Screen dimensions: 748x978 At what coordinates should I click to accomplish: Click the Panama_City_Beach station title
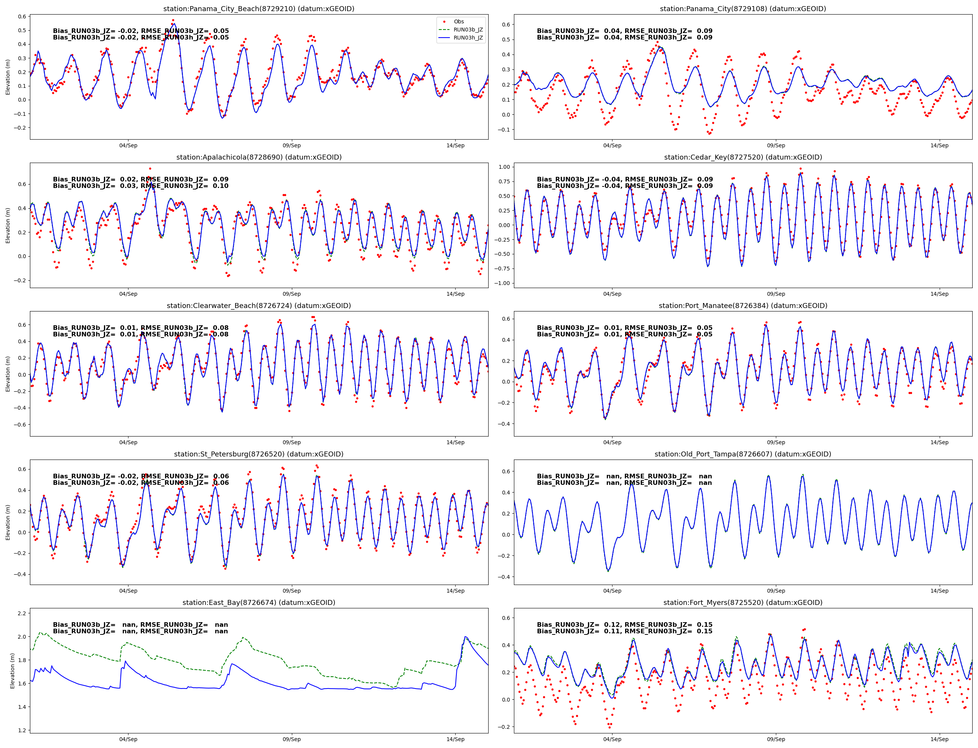tap(258, 9)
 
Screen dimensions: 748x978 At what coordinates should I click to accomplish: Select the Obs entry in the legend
tap(458, 22)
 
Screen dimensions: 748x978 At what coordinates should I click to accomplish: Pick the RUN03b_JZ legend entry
tap(468, 30)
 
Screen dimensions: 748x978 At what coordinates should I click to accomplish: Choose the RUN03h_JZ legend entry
tap(468, 38)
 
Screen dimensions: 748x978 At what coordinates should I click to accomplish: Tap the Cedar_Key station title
tap(743, 157)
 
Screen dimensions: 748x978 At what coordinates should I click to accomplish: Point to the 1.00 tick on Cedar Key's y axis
tap(504, 167)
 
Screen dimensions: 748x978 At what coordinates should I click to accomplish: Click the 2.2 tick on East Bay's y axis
tap(21, 613)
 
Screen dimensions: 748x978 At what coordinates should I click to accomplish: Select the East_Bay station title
tap(258, 602)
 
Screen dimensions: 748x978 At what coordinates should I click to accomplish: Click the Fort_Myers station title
tap(743, 602)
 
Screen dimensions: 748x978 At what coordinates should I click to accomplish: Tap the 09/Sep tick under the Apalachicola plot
tap(291, 294)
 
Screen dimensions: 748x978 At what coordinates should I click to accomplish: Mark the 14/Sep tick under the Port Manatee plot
tap(939, 442)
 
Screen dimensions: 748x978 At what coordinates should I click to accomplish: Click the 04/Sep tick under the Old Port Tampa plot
tap(612, 591)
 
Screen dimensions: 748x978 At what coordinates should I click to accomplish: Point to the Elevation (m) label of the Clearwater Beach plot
tap(8, 374)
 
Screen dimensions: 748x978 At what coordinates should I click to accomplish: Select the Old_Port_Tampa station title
tap(743, 454)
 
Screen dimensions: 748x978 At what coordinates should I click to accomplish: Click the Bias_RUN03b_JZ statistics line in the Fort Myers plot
tap(624, 624)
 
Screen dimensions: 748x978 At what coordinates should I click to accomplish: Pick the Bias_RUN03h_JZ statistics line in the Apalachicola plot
tap(141, 186)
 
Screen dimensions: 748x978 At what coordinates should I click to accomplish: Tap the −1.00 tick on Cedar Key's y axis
tap(503, 283)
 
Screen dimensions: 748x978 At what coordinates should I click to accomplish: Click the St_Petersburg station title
tap(258, 454)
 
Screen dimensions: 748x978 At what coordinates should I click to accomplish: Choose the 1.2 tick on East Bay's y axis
tap(21, 730)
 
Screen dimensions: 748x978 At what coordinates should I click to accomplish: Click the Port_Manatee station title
tap(743, 306)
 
